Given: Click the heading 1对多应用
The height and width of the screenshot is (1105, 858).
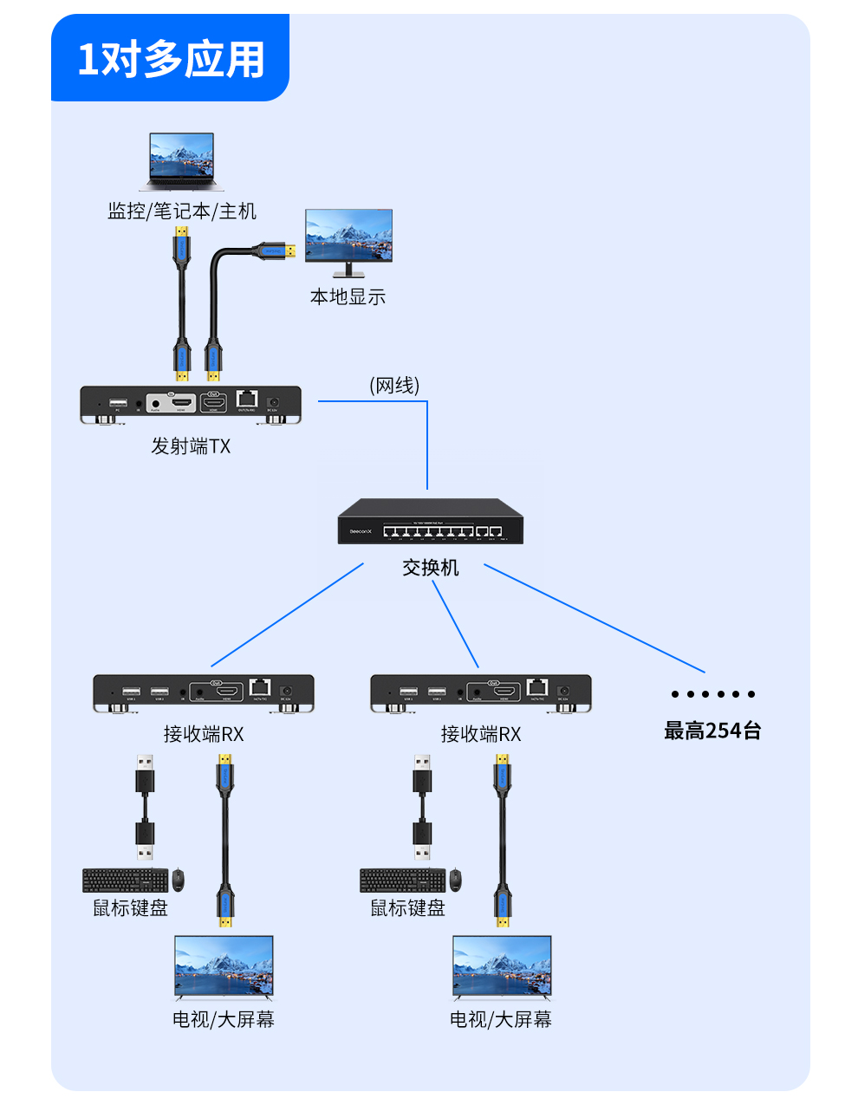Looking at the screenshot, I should coord(171,59).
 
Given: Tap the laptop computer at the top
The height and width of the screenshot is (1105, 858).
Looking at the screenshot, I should coord(181,161).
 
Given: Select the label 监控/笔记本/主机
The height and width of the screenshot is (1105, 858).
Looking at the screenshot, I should coord(182,211).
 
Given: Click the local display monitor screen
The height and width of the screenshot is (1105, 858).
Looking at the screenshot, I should coord(348,236).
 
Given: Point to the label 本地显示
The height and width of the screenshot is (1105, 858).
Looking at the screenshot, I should coord(348,297).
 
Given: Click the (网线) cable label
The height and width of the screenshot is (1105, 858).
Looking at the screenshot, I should coord(394,385).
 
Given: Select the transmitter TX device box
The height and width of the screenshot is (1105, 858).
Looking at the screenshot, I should coord(191,404).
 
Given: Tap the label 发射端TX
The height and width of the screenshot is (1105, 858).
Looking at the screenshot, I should coord(191,446).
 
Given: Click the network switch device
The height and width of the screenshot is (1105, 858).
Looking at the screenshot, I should coord(431,522).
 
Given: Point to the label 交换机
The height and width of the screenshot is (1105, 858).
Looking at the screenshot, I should coord(431,568).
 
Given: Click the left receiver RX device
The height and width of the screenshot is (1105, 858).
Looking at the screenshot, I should coord(204,692).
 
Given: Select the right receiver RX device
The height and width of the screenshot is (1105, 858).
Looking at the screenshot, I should coord(481,692).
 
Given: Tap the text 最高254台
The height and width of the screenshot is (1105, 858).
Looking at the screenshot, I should coord(712,731).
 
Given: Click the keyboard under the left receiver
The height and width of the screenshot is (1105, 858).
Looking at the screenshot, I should coord(126,881).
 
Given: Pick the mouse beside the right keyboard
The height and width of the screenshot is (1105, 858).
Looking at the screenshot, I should coord(455,880).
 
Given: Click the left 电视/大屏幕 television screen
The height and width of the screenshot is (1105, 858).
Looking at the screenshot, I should coord(224,967).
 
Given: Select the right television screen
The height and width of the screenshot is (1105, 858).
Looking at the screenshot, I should coord(502,967).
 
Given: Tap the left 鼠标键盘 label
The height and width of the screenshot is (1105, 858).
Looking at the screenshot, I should coord(130,908).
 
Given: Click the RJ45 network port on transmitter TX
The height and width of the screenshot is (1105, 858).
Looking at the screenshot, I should coord(247,399).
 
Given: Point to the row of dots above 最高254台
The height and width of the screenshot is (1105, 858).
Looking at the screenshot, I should coord(712,694).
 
